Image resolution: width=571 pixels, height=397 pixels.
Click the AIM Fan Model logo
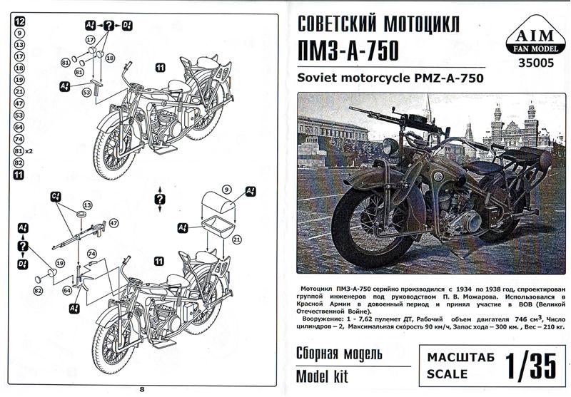click(x=535, y=36)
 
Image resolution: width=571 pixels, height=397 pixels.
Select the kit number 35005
click(x=536, y=63)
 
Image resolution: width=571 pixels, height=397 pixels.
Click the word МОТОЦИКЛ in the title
click(x=421, y=24)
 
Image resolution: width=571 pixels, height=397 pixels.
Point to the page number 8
click(x=142, y=389)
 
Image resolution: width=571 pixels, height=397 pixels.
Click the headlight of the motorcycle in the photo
click(x=390, y=146)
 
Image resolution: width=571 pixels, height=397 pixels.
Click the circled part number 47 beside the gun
click(x=114, y=223)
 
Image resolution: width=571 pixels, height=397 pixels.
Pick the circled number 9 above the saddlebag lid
click(x=226, y=190)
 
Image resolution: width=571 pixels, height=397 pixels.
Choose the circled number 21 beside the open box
click(x=237, y=239)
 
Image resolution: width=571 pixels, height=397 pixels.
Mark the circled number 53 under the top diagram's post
click(x=86, y=93)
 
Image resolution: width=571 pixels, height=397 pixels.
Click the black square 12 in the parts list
click(x=20, y=21)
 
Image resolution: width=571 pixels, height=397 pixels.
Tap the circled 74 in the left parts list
click(x=19, y=139)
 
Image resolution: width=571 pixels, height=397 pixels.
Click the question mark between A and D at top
click(x=109, y=26)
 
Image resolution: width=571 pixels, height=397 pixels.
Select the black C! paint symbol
click(x=56, y=197)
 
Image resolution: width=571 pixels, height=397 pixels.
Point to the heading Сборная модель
click(x=340, y=354)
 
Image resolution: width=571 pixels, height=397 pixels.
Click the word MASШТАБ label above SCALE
click(x=460, y=357)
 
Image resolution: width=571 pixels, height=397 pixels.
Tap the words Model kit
click(x=323, y=376)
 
